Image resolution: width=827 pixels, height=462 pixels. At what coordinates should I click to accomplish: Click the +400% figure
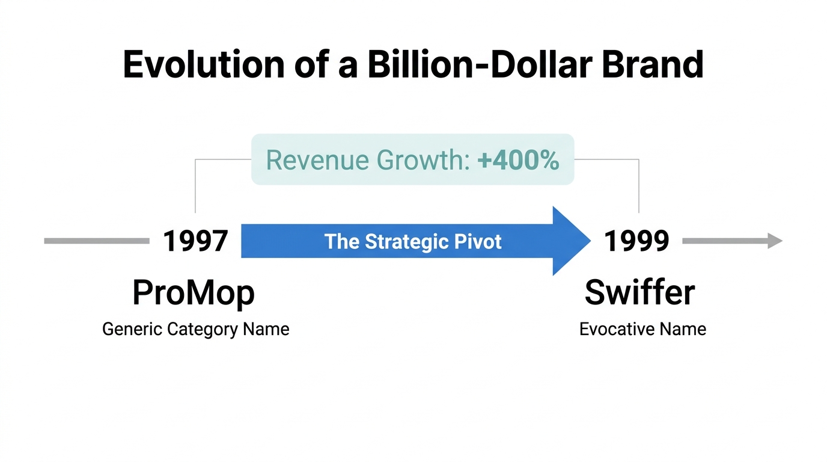(518, 160)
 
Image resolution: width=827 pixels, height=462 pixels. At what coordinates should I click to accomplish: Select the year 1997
(195, 241)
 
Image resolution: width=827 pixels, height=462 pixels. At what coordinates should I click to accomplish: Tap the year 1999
(636, 241)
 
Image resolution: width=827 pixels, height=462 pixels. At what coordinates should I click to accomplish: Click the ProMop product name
(194, 294)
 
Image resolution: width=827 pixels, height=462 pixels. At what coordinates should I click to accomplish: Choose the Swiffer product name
(639, 293)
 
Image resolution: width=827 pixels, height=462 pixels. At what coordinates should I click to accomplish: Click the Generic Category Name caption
(195, 330)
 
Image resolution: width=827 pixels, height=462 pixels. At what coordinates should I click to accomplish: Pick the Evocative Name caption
(642, 330)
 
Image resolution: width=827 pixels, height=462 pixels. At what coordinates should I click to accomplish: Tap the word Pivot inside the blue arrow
(478, 242)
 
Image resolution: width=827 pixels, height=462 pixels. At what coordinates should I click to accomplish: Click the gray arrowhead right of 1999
(775, 241)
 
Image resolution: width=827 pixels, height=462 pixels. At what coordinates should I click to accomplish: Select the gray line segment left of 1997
(96, 241)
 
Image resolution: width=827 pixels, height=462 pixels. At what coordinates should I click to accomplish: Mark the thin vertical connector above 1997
(195, 186)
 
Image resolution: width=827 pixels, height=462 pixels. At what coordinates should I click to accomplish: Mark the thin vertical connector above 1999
(638, 186)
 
